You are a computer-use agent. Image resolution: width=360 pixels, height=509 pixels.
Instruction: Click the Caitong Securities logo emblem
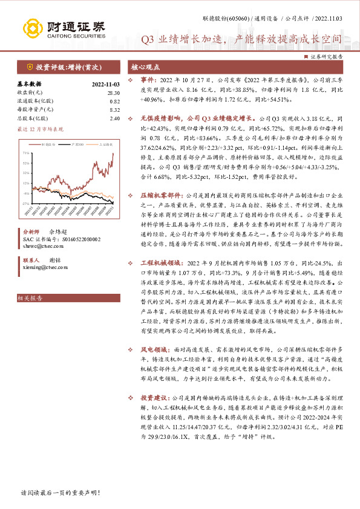tap(33, 28)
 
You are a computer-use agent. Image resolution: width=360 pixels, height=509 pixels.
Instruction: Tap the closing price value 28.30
tap(114, 92)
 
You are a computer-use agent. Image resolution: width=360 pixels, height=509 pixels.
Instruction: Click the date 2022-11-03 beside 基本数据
tap(106, 84)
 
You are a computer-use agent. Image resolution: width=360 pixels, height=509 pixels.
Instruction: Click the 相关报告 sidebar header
tap(29, 298)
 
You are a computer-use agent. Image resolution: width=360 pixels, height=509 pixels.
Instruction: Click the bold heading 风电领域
tap(154, 349)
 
